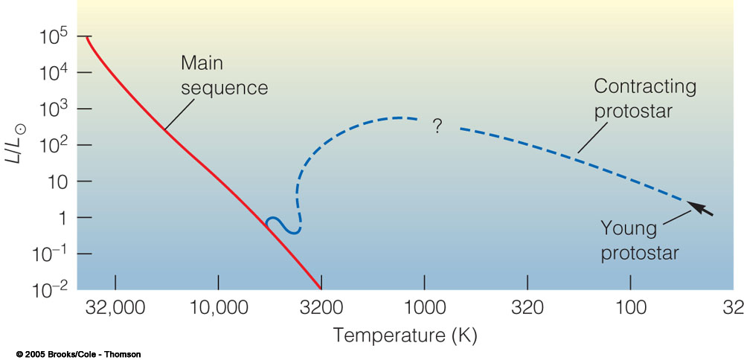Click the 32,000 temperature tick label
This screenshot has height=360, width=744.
tap(115, 306)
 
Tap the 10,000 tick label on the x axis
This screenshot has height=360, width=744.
tap(218, 306)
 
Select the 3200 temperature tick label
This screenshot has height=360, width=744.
tap(321, 306)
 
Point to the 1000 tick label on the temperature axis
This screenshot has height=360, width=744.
tap(425, 306)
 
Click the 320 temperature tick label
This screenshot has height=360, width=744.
tap(527, 306)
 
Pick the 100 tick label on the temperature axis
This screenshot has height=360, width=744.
tap(631, 306)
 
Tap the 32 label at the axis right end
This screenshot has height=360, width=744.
tap(733, 306)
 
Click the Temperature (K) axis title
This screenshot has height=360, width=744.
tap(405, 335)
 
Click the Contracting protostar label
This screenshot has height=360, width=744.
tap(644, 98)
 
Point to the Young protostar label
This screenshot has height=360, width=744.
tap(640, 241)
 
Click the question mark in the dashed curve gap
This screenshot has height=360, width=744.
tap(437, 127)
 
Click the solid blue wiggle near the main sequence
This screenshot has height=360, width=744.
tap(283, 225)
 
